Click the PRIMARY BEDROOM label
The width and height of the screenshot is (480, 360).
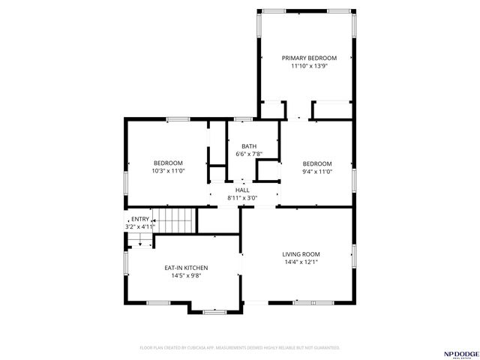309,58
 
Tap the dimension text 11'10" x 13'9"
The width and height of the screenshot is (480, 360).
309,66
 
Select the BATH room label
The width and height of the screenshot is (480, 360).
249,146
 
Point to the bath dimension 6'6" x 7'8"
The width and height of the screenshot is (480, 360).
249,154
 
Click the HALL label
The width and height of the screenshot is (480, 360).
242,190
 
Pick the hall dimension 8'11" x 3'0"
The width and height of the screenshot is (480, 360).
242,198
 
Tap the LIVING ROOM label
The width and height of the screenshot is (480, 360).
301,254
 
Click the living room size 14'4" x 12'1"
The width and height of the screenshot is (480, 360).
301,262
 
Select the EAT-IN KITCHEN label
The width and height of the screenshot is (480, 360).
186,268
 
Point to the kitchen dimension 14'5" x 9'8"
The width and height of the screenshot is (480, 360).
186,276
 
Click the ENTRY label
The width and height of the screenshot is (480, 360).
140,219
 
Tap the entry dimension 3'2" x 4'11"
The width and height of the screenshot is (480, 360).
139,226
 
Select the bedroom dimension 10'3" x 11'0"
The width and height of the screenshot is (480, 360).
168,171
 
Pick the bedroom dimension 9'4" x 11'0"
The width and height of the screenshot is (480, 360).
316,171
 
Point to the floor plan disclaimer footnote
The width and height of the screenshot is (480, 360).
240,348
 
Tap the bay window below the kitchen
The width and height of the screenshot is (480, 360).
214,310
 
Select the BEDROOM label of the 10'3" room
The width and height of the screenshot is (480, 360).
168,163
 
